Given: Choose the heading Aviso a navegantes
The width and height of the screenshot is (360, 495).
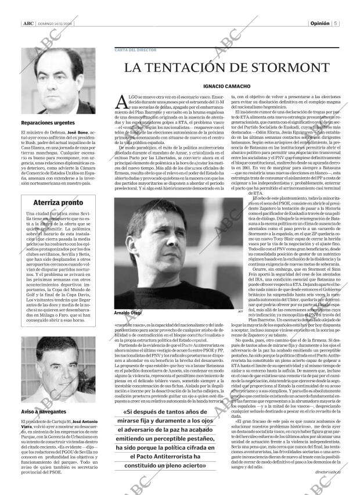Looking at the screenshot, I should tap(41, 411).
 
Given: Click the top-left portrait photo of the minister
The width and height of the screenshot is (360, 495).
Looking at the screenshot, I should tap(58, 81).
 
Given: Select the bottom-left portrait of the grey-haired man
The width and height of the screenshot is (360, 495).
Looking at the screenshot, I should tap(58, 371).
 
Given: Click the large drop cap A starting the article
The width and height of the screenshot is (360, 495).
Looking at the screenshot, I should tap(121, 102).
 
